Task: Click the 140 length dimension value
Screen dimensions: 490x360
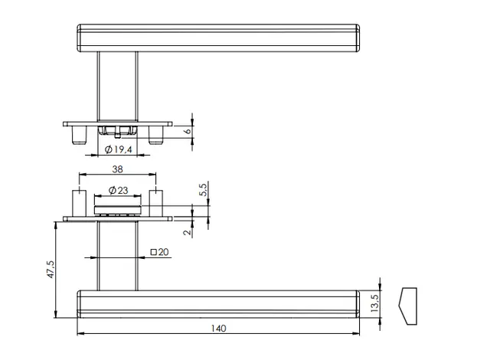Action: coord(218,329)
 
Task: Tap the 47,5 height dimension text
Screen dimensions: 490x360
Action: coord(51,270)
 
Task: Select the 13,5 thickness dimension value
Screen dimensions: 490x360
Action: coord(374,303)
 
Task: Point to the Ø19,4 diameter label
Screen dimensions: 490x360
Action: coord(119,149)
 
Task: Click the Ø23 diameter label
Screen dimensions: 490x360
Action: coord(118,190)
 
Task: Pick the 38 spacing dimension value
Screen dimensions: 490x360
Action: coord(117,169)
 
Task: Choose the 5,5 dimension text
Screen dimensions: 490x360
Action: coord(203,190)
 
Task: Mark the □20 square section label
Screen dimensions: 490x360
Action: coord(160,252)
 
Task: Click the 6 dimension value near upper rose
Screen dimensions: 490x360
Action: coord(188,131)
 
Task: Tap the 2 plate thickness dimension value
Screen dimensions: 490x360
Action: coord(187,232)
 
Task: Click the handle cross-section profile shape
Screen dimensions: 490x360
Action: coord(408,306)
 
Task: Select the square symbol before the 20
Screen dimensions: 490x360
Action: coord(153,252)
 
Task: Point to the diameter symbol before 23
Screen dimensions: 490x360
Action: coord(113,190)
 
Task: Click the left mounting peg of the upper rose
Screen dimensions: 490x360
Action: coord(79,135)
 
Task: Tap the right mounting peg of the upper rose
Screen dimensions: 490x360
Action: coord(155,135)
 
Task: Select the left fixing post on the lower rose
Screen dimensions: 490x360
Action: coord(80,203)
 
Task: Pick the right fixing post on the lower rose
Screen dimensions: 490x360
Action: coord(155,203)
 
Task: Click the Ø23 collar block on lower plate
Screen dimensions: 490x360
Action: coord(117,210)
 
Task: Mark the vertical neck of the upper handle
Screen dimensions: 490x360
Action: coord(117,87)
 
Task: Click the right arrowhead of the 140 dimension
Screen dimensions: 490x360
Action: coord(355,333)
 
